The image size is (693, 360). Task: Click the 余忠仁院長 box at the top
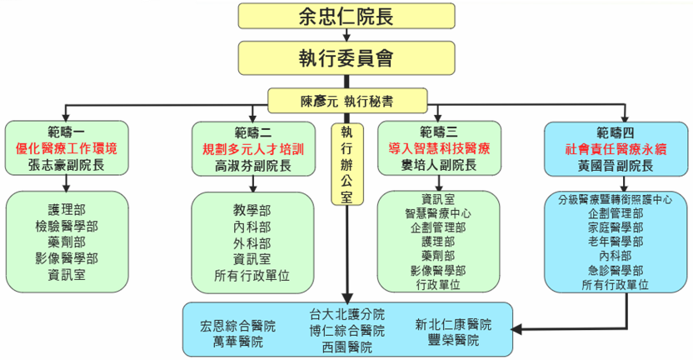pos(346,17)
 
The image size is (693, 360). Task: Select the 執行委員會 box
pos(346,57)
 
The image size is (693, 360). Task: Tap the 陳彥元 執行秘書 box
pos(347,101)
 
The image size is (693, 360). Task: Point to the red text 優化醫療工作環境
pos(67,149)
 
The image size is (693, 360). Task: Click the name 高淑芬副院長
pos(253,166)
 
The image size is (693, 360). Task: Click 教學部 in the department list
pos(253,210)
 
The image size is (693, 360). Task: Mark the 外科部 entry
pos(253,242)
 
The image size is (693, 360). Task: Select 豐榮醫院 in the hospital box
pos(453,341)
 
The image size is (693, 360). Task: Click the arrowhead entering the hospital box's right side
pos(519,331)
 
